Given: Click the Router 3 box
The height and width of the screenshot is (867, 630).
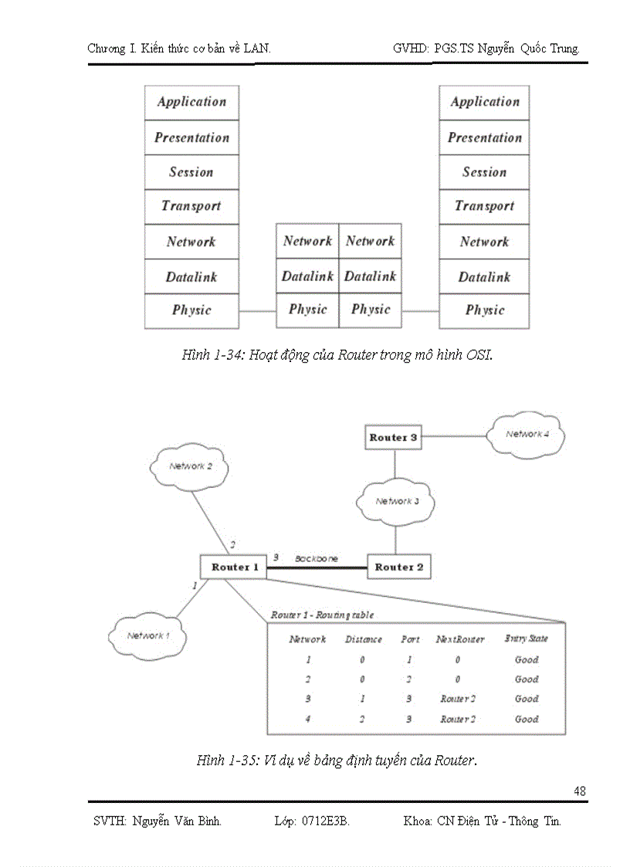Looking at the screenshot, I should (394, 438).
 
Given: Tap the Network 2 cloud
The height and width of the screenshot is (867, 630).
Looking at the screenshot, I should (190, 466).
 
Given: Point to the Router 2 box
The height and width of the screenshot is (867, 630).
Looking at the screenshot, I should (398, 567).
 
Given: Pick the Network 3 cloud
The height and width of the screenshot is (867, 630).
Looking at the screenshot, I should (397, 502).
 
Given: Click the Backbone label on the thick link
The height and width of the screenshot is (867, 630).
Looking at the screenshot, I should (316, 558).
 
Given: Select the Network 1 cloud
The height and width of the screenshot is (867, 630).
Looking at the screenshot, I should (147, 636).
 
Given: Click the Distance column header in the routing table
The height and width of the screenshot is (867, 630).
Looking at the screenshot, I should (363, 639).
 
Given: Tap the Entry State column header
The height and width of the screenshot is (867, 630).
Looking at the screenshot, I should (526, 638).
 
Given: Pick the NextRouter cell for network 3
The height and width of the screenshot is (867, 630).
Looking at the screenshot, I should (457, 699).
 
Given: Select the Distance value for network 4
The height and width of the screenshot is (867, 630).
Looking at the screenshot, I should (363, 719).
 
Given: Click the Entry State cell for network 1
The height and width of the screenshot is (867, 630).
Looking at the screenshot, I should (527, 660).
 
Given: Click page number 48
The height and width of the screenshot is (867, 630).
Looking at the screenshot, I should (580, 791).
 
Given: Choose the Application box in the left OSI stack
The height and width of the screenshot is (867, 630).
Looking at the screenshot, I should (191, 102).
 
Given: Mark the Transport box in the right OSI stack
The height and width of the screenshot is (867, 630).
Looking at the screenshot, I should (484, 206).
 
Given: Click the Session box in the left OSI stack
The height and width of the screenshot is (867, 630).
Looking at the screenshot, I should (191, 172).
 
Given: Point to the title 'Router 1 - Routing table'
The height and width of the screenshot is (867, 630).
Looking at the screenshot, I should (321, 615).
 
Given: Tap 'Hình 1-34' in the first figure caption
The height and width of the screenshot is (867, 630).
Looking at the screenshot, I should (212, 355).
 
